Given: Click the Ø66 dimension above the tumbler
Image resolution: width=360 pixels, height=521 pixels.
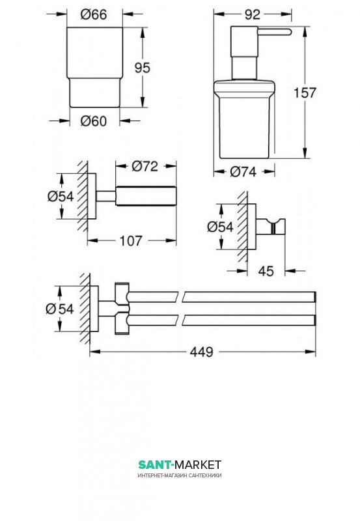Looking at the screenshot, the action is click(94, 14).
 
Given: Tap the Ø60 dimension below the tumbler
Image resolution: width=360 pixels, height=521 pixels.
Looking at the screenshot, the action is click(94, 121).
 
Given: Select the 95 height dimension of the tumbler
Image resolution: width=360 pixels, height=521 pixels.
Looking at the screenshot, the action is click(142, 68).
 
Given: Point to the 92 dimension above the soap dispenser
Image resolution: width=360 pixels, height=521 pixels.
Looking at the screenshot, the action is click(253, 14).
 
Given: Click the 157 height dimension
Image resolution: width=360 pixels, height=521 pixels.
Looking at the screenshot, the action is click(305, 92).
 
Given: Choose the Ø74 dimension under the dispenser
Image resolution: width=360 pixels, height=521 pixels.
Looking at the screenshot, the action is click(243, 171).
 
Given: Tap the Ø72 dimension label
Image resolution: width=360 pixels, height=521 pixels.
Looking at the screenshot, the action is click(145, 166).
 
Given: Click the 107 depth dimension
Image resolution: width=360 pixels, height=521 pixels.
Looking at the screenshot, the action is click(131, 240).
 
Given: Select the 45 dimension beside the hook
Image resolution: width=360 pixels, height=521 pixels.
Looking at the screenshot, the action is click(266, 271).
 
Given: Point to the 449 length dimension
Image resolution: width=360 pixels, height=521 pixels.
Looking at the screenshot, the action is click(201, 352).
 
